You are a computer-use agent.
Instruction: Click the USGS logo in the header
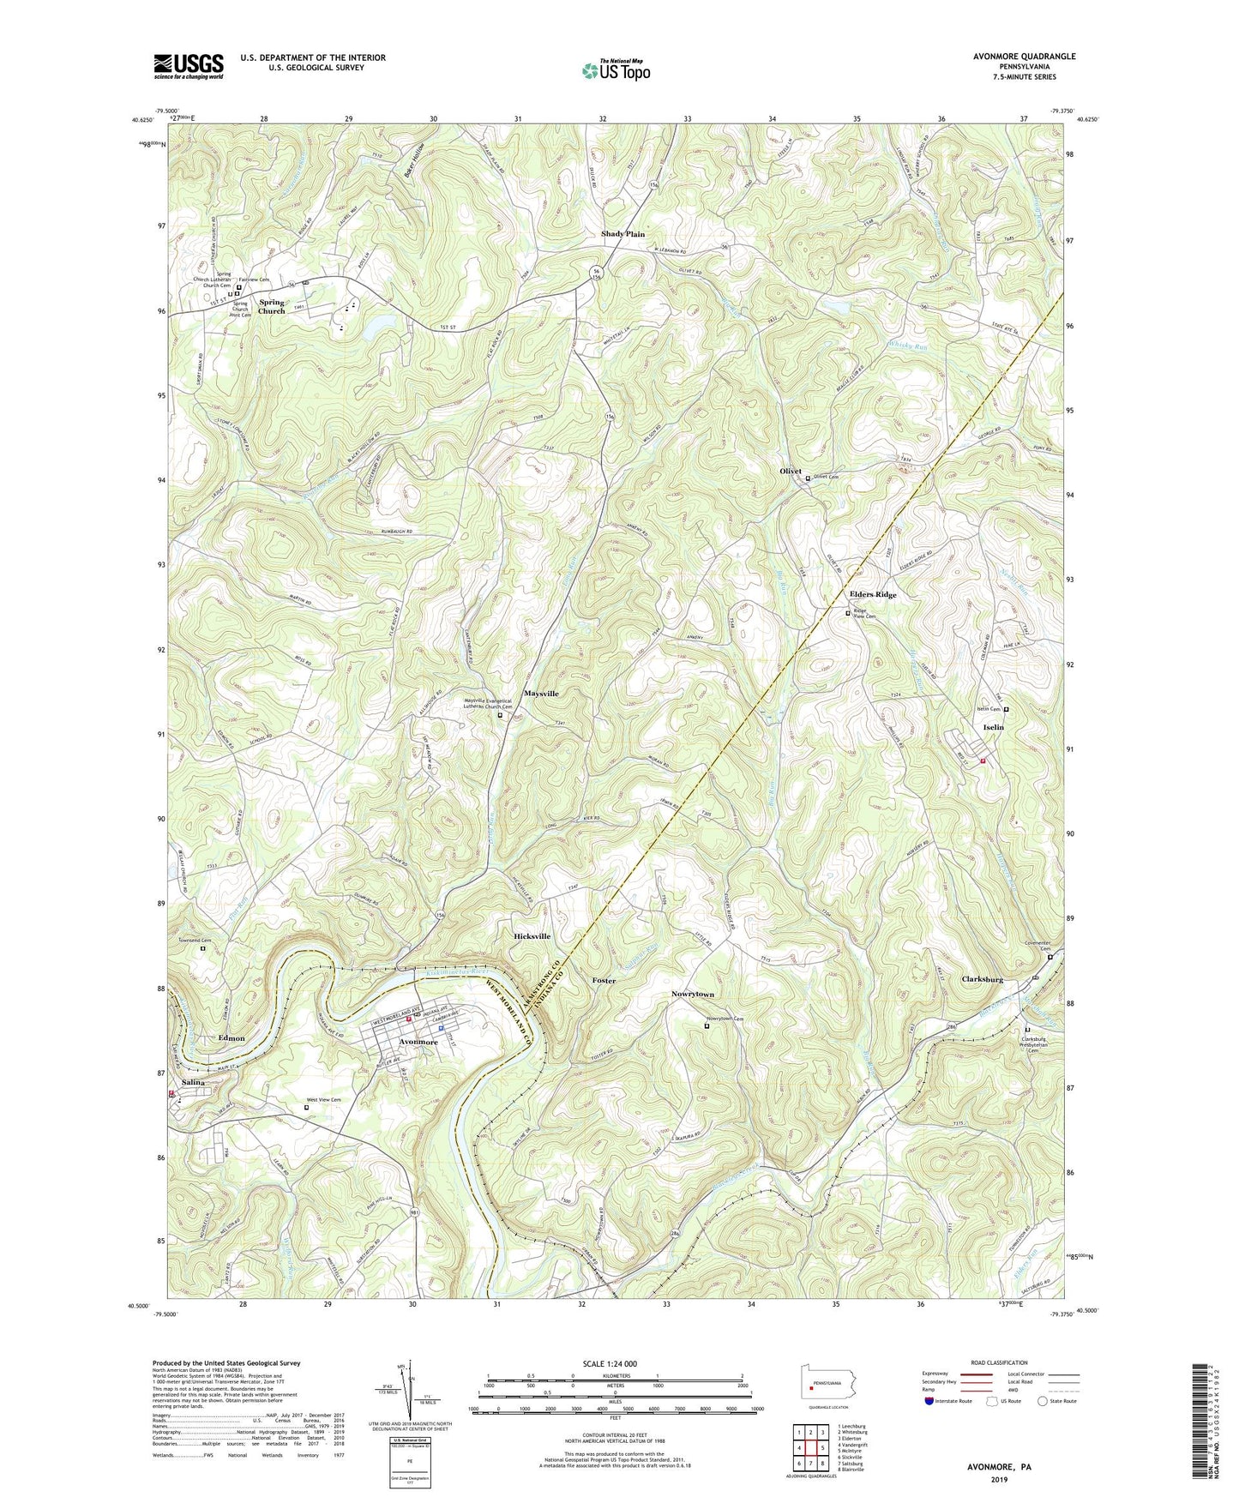click(x=189, y=66)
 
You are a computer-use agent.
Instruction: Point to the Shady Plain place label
click(x=623, y=233)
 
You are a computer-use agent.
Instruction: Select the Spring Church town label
click(x=271, y=306)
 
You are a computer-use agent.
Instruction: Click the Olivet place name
click(x=790, y=472)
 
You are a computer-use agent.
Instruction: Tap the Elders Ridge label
click(x=872, y=594)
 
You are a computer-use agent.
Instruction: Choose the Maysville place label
click(x=541, y=693)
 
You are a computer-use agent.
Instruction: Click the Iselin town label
click(x=992, y=727)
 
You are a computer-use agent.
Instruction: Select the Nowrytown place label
click(x=693, y=995)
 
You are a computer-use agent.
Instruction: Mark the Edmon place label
click(x=232, y=1038)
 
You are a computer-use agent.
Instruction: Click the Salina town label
click(x=193, y=1083)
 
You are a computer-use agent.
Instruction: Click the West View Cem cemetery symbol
click(x=307, y=1107)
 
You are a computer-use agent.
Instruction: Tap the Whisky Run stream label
click(x=907, y=346)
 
